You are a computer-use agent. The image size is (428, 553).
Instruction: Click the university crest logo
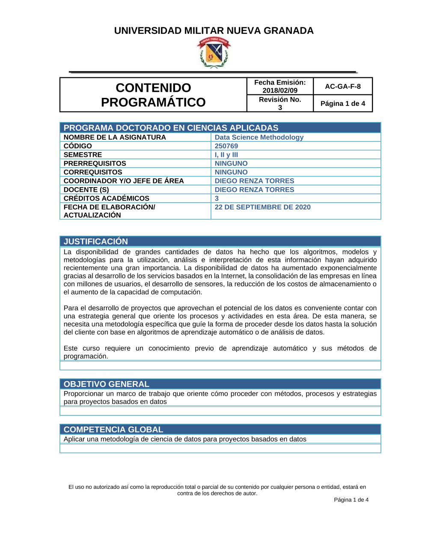[214, 53]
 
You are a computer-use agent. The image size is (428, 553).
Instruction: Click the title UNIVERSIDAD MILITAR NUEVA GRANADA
[214, 31]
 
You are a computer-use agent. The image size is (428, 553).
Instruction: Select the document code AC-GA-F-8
[343, 86]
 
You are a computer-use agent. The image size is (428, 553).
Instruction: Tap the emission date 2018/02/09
[280, 90]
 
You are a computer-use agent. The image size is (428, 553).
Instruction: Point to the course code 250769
[226, 146]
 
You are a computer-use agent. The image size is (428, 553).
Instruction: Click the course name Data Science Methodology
[259, 137]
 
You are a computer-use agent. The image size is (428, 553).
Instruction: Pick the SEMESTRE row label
[83, 155]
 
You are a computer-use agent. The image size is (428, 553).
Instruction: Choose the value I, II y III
[226, 155]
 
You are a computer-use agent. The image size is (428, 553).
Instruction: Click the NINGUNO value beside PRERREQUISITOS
[231, 164]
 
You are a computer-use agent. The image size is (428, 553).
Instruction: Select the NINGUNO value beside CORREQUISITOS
[231, 172]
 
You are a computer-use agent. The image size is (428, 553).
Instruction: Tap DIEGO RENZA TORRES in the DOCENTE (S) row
[254, 190]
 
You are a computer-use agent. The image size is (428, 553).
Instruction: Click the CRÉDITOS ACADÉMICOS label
[107, 198]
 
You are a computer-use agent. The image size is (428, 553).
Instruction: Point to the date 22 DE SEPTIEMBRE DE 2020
[262, 207]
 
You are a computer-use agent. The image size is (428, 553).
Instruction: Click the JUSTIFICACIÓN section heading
[96, 241]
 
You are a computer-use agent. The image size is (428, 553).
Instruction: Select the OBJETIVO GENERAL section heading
[107, 384]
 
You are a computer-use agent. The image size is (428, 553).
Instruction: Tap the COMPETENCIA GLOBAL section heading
[113, 429]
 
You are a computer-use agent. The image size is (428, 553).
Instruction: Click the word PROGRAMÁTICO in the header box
[153, 103]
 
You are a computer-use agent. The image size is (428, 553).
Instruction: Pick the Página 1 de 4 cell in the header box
[343, 103]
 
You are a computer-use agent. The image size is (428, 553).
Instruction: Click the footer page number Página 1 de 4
[351, 500]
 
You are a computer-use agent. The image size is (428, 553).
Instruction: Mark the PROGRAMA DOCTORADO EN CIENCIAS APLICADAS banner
[171, 128]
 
